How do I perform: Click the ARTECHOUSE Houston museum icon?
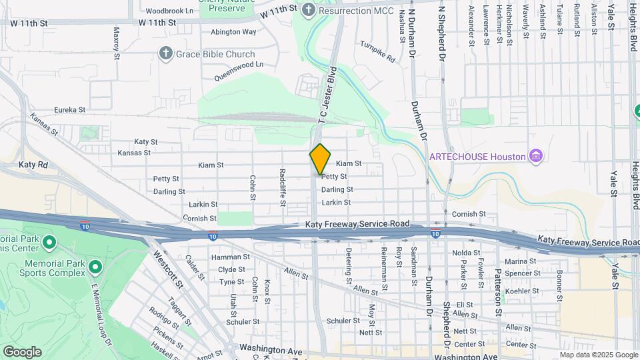click(x=535, y=156)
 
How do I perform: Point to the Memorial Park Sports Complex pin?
click(x=95, y=267)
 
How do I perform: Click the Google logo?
click(x=22, y=351)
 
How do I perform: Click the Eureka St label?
click(x=70, y=110)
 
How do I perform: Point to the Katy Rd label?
click(x=33, y=164)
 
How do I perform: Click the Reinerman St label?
click(x=384, y=271)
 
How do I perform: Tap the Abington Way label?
click(x=233, y=31)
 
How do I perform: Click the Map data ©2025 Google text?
click(x=598, y=355)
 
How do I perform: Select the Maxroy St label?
click(x=117, y=42)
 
